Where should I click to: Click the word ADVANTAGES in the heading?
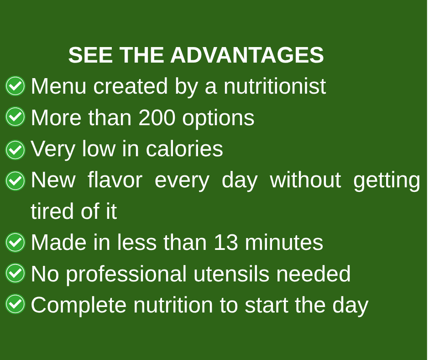pyautogui.click(x=247, y=55)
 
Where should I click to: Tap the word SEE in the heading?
pyautogui.click(x=90, y=55)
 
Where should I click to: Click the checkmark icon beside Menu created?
pyautogui.click(x=16, y=86)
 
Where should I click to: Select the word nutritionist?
pyautogui.click(x=275, y=86)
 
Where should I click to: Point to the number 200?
pyautogui.click(x=157, y=118)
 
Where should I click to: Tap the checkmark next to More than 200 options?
pyautogui.click(x=16, y=116)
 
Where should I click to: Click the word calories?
pyautogui.click(x=184, y=149)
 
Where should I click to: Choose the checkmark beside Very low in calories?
pyautogui.click(x=16, y=150)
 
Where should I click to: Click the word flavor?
pyautogui.click(x=115, y=180)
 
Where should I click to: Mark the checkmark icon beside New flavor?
pyautogui.click(x=16, y=181)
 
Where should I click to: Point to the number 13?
pyautogui.click(x=226, y=243)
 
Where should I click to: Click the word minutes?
pyautogui.click(x=284, y=243)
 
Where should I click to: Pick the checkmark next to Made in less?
pyautogui.click(x=16, y=242)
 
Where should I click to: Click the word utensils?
pyautogui.click(x=231, y=274)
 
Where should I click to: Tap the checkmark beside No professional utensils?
pyautogui.click(x=16, y=273)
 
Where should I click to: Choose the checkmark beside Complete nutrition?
pyautogui.click(x=16, y=304)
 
